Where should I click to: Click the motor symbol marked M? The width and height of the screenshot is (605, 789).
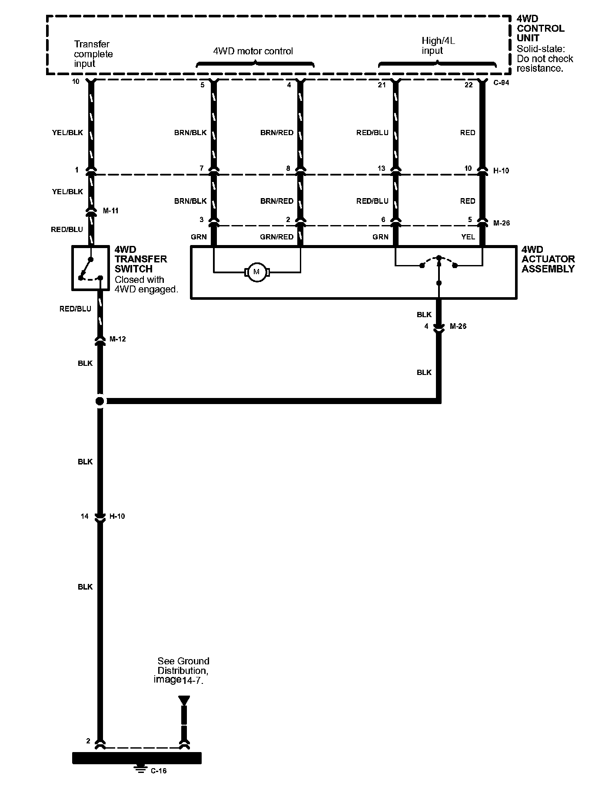click(256, 272)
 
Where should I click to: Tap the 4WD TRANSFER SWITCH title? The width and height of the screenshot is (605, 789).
click(140, 259)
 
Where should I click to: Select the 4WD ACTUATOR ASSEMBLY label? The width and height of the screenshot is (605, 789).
click(548, 259)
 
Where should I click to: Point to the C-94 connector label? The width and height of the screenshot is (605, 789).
click(502, 83)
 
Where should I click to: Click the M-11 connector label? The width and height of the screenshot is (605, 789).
click(110, 211)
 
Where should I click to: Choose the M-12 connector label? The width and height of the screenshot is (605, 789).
click(118, 339)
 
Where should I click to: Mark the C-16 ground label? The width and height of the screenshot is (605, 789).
click(159, 771)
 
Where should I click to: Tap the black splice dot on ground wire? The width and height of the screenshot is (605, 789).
click(100, 401)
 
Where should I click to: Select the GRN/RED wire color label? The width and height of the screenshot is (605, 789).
click(276, 237)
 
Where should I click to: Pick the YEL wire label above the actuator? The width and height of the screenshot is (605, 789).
click(468, 237)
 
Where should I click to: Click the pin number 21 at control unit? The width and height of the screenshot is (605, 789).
click(382, 85)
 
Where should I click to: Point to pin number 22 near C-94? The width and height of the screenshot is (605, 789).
click(468, 85)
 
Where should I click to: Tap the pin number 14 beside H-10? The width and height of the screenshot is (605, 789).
click(85, 516)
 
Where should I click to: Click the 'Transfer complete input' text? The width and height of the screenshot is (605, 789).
click(93, 54)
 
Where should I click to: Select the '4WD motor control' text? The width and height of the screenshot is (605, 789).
click(253, 51)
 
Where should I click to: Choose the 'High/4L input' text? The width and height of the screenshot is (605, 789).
click(438, 46)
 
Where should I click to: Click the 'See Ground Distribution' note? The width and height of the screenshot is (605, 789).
click(183, 670)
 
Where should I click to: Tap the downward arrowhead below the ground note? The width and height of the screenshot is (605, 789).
click(184, 700)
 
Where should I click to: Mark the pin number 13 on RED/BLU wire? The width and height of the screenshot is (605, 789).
click(382, 168)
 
